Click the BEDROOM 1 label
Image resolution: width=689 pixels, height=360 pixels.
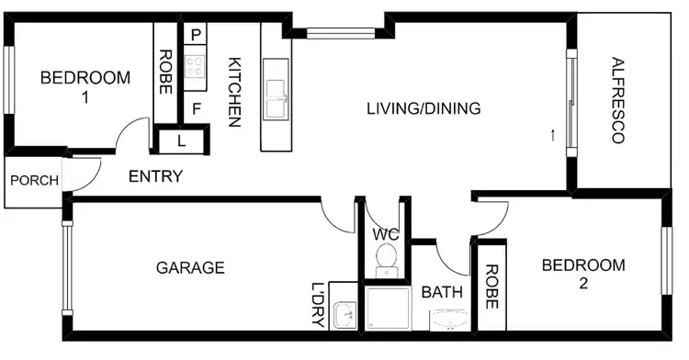coord(85,86)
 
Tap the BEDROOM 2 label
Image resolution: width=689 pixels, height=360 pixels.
coord(582,274)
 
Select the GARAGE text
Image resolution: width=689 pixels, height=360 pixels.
coord(190,268)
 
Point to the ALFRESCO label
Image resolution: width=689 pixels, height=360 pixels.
coord(616,101)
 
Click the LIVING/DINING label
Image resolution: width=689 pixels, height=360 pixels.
coord(424,108)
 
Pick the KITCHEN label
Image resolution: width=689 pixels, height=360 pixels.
coord(233,92)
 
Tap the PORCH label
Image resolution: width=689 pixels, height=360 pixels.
coord(34,180)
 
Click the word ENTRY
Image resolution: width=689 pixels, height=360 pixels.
coord(155,176)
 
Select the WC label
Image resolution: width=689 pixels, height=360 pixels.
coord(385,233)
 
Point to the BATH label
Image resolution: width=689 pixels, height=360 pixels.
coord(442,293)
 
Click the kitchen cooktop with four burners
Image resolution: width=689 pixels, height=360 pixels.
coord(196,65)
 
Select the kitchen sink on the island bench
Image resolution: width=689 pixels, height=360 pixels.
coord(277,98)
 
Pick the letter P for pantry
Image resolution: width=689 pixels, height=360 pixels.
coord(196,35)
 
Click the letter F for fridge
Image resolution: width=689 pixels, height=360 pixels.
coord(196,107)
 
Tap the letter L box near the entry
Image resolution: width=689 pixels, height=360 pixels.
coord(180,141)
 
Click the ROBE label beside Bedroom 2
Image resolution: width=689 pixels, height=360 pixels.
coord(491,287)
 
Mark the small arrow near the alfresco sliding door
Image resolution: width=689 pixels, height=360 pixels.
coord(552,136)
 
